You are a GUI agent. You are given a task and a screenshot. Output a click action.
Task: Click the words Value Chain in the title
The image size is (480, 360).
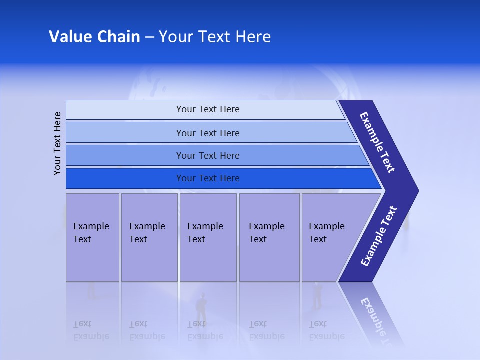point(94,37)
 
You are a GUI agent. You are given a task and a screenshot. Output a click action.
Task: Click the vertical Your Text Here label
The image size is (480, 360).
point(57,143)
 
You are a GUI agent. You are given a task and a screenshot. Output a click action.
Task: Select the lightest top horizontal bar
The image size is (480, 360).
point(207,109)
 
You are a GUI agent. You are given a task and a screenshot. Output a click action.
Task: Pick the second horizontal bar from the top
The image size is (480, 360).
point(207,133)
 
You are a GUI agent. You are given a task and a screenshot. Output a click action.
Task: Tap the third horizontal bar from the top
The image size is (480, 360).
point(207,155)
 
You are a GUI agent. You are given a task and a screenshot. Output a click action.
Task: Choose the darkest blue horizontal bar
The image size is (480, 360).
point(207,178)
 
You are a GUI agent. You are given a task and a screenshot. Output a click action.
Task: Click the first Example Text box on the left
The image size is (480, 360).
point(92,237)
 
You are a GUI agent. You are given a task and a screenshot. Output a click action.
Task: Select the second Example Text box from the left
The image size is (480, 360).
point(149,237)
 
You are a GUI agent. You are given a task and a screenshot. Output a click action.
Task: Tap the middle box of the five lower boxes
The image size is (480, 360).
point(208,237)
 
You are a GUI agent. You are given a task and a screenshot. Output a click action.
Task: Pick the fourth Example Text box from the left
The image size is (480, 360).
point(269,237)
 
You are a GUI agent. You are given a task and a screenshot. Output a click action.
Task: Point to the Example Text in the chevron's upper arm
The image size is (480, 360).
point(377,142)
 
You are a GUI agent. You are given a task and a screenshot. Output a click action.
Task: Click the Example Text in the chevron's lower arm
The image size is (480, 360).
point(378,236)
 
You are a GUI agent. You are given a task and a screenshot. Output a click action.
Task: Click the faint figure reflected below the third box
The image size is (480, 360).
point(201,307)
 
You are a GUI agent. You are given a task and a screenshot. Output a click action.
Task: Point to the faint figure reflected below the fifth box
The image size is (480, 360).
point(317,295)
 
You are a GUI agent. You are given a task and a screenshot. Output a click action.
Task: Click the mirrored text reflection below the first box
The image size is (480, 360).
point(91,331)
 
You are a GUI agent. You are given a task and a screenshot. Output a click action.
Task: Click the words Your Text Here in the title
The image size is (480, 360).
point(215,37)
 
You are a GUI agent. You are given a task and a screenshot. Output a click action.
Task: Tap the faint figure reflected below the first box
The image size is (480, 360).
point(91,291)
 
